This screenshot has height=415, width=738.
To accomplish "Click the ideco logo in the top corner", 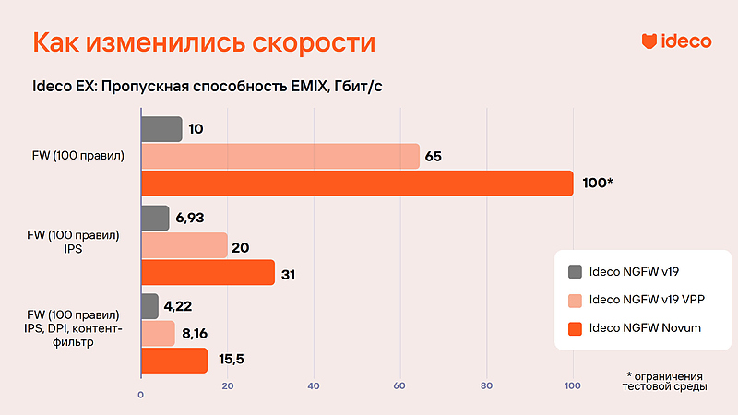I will click(676, 41).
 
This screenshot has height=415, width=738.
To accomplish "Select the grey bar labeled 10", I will click(161, 129).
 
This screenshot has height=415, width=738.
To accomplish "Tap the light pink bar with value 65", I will click(280, 157).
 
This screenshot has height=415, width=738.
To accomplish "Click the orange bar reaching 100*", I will click(356, 184).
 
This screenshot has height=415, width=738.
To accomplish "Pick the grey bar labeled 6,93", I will click(155, 218).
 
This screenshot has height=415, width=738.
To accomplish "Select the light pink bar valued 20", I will click(184, 245).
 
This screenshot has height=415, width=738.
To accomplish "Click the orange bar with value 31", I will click(208, 273).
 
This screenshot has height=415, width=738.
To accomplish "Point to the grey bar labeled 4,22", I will click(149, 306).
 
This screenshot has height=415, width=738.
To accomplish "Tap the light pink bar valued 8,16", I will click(158, 333).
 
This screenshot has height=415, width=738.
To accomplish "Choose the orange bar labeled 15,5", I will click(173, 361).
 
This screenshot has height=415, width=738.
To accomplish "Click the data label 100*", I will click(598, 184).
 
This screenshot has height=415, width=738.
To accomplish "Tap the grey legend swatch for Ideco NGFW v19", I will click(577, 271).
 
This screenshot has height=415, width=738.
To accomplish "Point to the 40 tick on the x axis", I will click(314, 385).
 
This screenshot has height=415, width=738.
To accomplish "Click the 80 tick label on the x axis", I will click(487, 385).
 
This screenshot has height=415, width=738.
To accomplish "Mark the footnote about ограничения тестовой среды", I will click(663, 382).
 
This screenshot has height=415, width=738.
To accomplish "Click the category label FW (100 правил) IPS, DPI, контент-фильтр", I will click(74, 329).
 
